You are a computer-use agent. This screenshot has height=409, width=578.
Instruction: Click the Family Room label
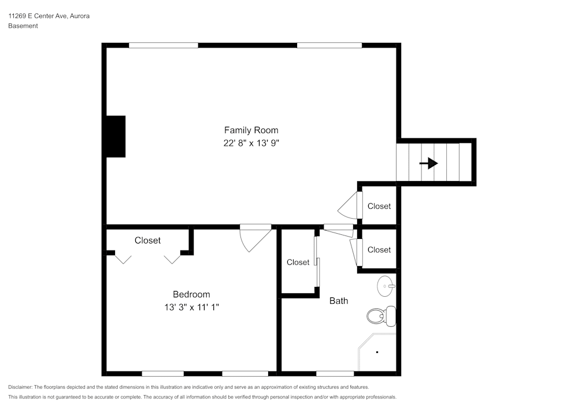pyautogui.click(x=251, y=130)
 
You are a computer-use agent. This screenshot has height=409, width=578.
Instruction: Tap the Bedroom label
pyautogui.click(x=191, y=294)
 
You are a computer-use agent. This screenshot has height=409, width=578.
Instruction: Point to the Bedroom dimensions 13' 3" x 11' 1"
pyautogui.click(x=191, y=307)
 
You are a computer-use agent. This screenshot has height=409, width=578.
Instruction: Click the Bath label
pyautogui.click(x=339, y=301)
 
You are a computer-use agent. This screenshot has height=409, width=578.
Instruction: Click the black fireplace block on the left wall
pyautogui.click(x=116, y=137)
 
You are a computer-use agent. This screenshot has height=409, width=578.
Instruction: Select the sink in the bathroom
pyautogui.click(x=386, y=285)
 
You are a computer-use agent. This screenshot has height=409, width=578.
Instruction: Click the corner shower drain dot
pyautogui.click(x=377, y=352)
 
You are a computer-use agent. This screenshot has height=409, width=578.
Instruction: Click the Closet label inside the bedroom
pyautogui.click(x=147, y=240)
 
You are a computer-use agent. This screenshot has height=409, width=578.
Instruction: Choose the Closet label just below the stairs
pyautogui.click(x=379, y=206)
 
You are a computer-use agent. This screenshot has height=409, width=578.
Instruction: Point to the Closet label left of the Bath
pyautogui.click(x=298, y=262)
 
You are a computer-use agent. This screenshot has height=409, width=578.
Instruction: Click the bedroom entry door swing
pyautogui.click(x=254, y=238)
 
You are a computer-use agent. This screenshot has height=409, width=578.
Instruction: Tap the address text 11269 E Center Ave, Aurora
pyautogui.click(x=49, y=16)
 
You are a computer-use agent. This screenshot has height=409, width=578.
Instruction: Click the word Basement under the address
pyautogui.click(x=23, y=26)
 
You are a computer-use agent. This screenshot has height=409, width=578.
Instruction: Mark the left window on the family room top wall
pyautogui.click(x=164, y=45)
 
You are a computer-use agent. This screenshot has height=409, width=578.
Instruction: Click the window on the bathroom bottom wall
pyautogui.click(x=335, y=373)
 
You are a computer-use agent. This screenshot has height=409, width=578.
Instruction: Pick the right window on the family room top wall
pyautogui.click(x=329, y=45)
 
